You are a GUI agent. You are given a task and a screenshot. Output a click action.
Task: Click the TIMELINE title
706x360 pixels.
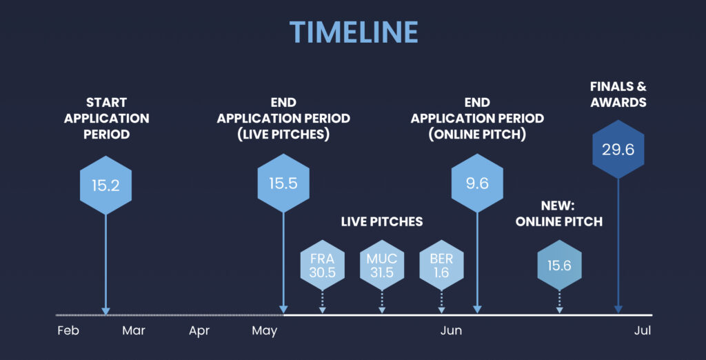(x=354, y=32)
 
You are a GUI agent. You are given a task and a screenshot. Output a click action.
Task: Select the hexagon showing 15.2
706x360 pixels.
(x=105, y=186)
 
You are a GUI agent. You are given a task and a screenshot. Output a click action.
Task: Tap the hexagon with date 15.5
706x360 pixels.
(x=283, y=183)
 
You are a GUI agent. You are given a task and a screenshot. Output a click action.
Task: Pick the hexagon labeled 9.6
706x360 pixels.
(x=477, y=183)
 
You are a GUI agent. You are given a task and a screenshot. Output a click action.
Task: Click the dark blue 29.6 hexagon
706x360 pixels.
(x=618, y=149)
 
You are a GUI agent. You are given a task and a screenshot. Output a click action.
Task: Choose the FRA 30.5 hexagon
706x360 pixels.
(x=323, y=265)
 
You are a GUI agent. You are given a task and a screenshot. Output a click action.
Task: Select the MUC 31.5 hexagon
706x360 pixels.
(x=382, y=265)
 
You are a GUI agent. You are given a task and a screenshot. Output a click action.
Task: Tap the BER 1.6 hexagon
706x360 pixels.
(x=441, y=265)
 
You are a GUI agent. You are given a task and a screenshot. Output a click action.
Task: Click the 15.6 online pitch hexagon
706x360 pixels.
(x=559, y=265)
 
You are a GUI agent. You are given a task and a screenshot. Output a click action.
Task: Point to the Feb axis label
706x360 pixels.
(x=68, y=331)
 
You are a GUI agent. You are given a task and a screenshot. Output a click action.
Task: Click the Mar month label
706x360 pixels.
(x=134, y=331)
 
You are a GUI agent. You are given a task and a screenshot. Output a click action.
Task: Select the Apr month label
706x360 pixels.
(x=199, y=331)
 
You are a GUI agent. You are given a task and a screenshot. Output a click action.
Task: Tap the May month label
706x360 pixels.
(x=265, y=331)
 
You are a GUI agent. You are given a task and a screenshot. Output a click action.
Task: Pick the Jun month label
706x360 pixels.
(x=451, y=331)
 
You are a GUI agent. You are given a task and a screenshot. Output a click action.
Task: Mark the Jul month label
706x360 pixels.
(x=643, y=331)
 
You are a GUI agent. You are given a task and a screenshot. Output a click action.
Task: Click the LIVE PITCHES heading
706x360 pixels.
(x=382, y=221)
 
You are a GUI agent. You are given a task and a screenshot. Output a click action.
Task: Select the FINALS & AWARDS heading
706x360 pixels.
(x=618, y=94)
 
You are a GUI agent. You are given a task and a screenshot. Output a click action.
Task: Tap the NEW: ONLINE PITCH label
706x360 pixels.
(x=558, y=214)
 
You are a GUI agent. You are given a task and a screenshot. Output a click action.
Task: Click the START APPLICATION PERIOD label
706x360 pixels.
(x=107, y=119)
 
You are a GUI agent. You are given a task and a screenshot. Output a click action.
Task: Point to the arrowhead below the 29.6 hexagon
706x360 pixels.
(x=618, y=310)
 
